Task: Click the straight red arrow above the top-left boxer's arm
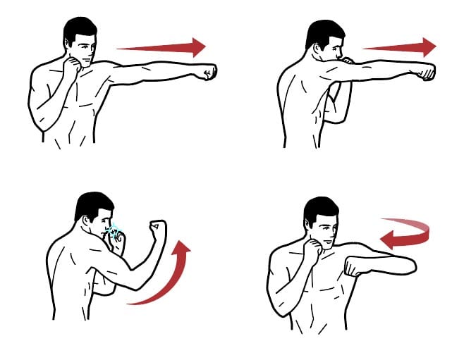(x=159, y=48)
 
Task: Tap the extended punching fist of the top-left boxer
(x=208, y=71)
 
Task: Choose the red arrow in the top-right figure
(x=398, y=48)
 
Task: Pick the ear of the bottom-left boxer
(x=89, y=224)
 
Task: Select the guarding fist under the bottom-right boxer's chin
(x=310, y=250)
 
